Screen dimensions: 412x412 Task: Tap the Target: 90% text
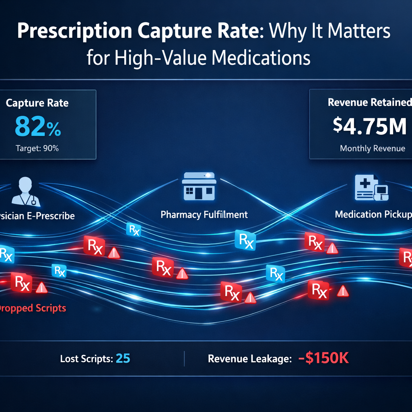pyautogui.click(x=37, y=148)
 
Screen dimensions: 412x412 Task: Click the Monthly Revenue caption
pyautogui.click(x=372, y=148)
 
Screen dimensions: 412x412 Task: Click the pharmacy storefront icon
pyautogui.click(x=199, y=186)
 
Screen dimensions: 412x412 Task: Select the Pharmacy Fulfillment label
pyautogui.click(x=204, y=214)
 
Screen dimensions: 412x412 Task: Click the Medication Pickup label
pyautogui.click(x=373, y=214)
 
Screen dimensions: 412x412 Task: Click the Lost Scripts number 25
pyautogui.click(x=123, y=358)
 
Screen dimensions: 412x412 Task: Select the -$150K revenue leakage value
pyautogui.click(x=323, y=358)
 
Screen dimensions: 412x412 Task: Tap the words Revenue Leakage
pyautogui.click(x=249, y=359)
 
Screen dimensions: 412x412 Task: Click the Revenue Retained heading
pyautogui.click(x=369, y=103)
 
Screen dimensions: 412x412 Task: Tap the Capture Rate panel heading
pyautogui.click(x=37, y=103)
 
